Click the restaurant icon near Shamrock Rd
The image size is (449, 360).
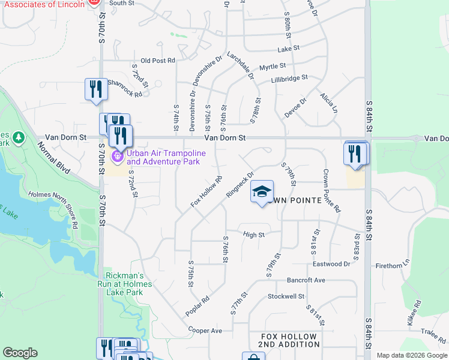[96, 89]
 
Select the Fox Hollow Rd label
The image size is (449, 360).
[206, 191]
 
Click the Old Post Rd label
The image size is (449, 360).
[157, 61]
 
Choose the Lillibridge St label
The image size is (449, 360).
[289, 78]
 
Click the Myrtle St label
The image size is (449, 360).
[272, 66]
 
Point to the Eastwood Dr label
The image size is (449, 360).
[331, 264]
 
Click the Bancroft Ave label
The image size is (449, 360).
[306, 280]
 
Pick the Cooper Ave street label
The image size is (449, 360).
[205, 331]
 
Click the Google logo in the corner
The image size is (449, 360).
[20, 353]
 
